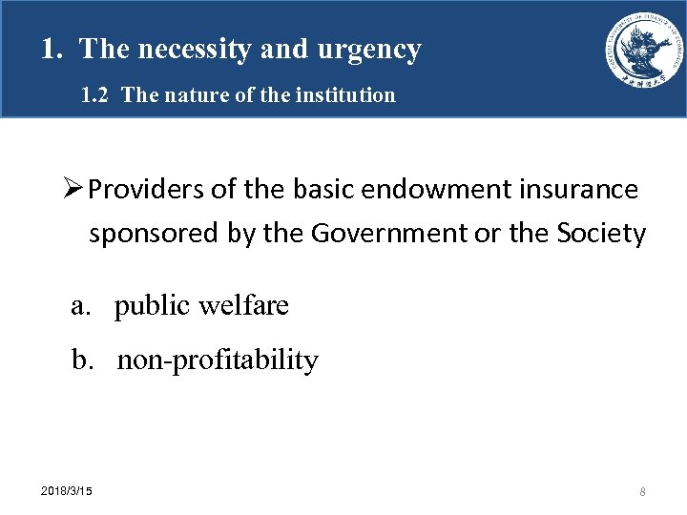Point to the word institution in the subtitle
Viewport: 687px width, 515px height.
click(347, 95)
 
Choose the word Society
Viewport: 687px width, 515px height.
click(598, 233)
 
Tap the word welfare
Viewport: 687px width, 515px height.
click(245, 306)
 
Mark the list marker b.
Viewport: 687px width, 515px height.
click(82, 360)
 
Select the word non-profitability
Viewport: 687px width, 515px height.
click(218, 360)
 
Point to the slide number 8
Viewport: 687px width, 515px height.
click(643, 491)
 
